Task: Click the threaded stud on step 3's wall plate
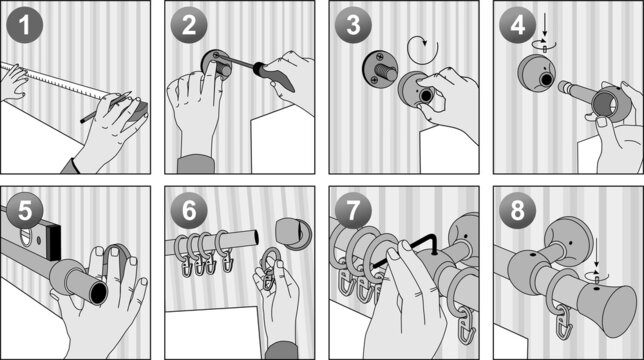click(x=385, y=72)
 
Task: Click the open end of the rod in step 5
click(x=100, y=292)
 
